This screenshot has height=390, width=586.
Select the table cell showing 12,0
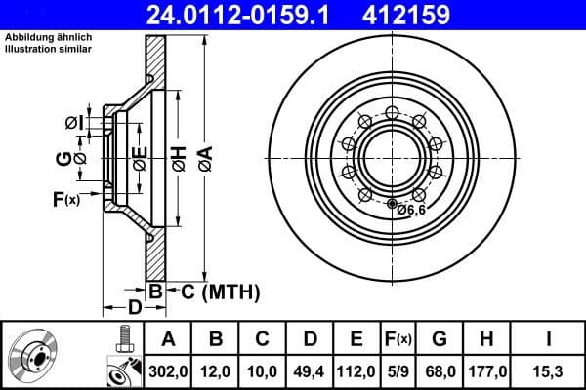coord(217,370)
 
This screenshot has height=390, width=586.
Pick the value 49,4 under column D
coord(311,370)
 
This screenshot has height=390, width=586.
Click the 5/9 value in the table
coord(398,370)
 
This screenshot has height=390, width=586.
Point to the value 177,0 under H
coord(484,370)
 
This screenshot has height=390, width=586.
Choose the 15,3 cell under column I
coord(547,370)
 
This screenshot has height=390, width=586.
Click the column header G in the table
coord(439,339)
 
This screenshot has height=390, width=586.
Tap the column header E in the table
coord(356,339)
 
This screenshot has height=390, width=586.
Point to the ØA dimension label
coord(204,155)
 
